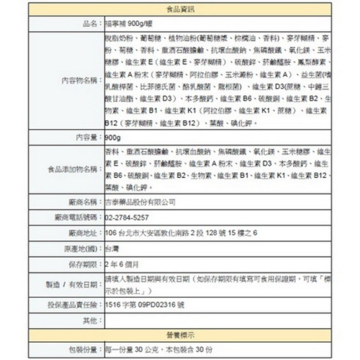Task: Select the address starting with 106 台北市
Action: pyautogui.click(x=181, y=233)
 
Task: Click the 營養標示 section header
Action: pyautogui.click(x=179, y=335)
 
